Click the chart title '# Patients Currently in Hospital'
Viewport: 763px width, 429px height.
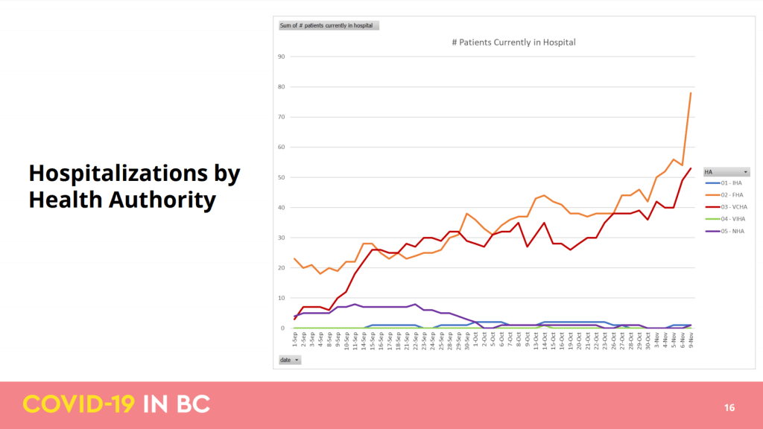[514, 42]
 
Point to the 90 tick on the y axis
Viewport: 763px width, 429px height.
[282, 57]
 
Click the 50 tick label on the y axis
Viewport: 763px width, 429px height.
[282, 177]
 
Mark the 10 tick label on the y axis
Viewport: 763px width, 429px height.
[282, 298]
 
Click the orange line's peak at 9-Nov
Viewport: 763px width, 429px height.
[690, 93]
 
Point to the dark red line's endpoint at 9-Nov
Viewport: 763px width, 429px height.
[690, 168]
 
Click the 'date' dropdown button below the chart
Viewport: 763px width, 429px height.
[289, 360]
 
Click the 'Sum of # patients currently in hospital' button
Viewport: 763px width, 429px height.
[329, 25]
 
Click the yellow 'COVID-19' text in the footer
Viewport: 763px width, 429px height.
[79, 404]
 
